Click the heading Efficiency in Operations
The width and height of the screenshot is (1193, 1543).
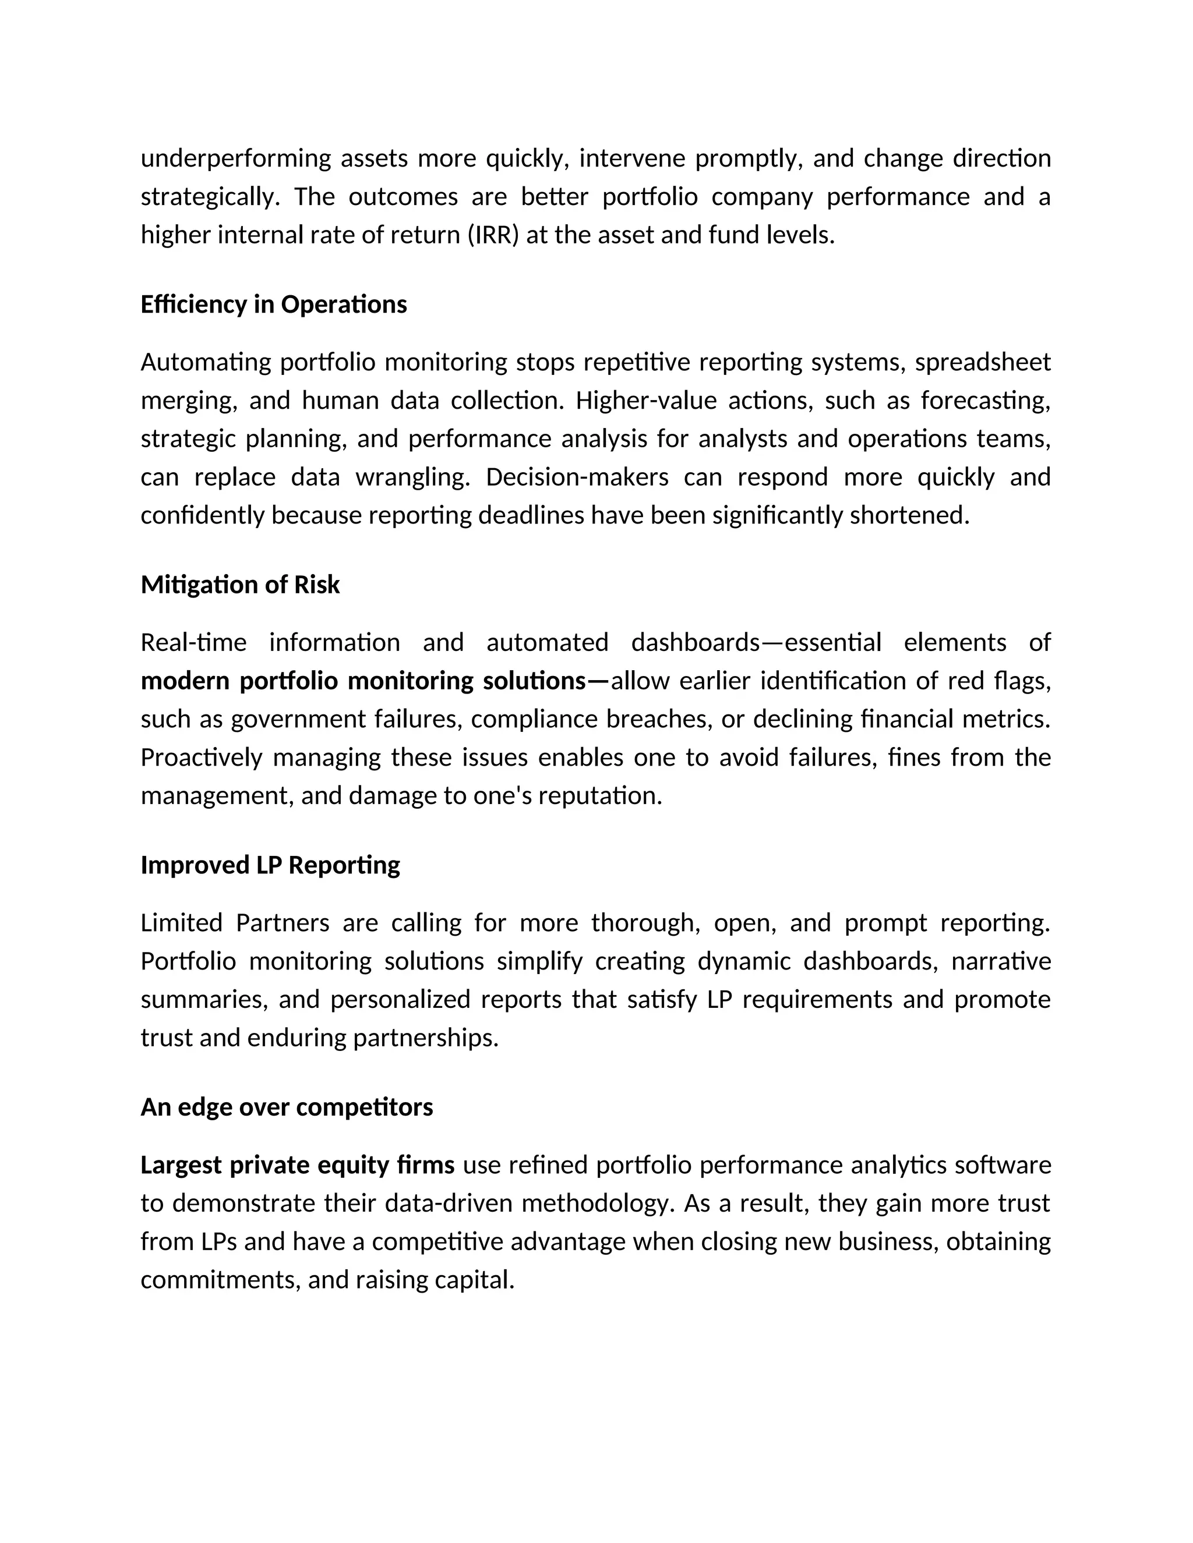[274, 305]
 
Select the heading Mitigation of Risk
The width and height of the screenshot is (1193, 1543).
[241, 585]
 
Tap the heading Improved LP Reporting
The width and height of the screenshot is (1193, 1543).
[270, 865]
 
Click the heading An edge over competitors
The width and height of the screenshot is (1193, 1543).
[286, 1107]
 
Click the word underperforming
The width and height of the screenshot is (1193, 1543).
[235, 158]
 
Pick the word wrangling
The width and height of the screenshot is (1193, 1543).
[412, 477]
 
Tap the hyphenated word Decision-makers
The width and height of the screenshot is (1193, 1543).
[577, 477]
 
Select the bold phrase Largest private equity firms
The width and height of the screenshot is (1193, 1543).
[298, 1165]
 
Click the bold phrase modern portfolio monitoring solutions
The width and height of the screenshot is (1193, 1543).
[363, 681]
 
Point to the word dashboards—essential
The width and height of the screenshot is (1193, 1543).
[756, 643]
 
